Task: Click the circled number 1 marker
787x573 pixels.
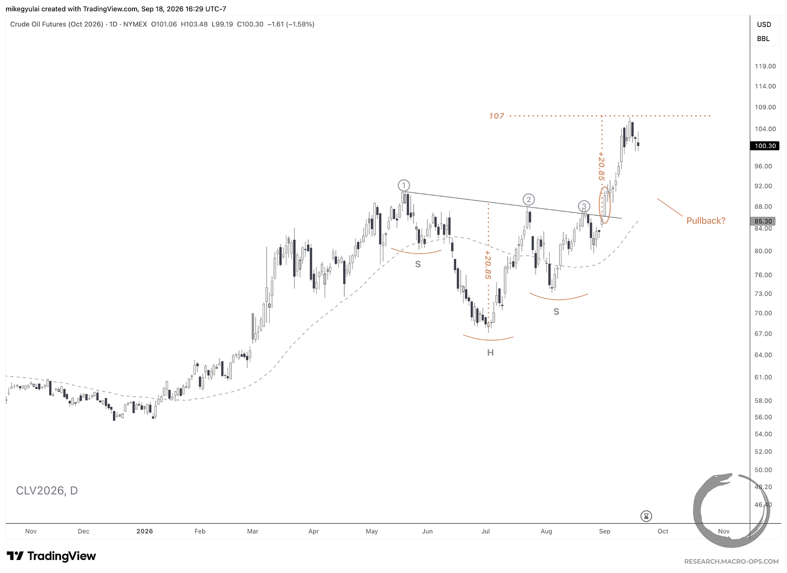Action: [404, 185]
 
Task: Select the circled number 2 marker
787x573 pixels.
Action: [529, 199]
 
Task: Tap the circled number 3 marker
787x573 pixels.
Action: [584, 206]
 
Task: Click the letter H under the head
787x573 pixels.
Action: [490, 352]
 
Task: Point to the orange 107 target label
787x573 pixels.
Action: [496, 116]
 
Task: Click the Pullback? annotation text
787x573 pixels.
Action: [705, 221]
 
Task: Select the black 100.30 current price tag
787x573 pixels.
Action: [764, 146]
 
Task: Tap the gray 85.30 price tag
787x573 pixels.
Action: [763, 221]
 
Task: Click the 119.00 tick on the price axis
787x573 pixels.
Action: [765, 66]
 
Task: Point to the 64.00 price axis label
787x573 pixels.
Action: [763, 355]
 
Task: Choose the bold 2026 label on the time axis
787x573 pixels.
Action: [144, 531]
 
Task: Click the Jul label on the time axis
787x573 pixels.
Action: [485, 531]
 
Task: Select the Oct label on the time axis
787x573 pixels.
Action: [663, 531]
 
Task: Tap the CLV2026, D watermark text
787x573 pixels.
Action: [46, 490]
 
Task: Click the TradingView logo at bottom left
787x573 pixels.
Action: [51, 556]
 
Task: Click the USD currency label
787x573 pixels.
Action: [764, 24]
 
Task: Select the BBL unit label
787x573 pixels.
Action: [763, 38]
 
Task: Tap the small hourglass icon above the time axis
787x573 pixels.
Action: [646, 516]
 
